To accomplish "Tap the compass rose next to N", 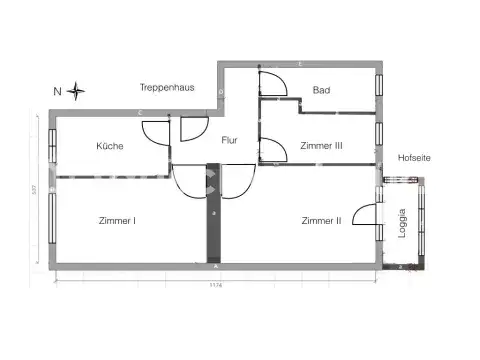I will [x=77, y=92].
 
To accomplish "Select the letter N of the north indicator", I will [x=58, y=92].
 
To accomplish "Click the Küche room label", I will [x=110, y=146].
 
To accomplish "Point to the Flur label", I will [x=229, y=141].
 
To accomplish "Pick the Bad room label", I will [x=321, y=90].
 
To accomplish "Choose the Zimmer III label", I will [x=321, y=146].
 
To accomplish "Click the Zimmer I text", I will [x=117, y=221].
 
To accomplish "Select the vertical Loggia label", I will [x=403, y=221].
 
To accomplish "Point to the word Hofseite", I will [x=415, y=157].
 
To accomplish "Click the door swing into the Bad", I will [x=273, y=83].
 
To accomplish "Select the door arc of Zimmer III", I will [x=271, y=150].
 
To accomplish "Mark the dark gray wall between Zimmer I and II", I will [x=213, y=214].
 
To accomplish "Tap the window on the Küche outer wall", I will [x=52, y=145].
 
